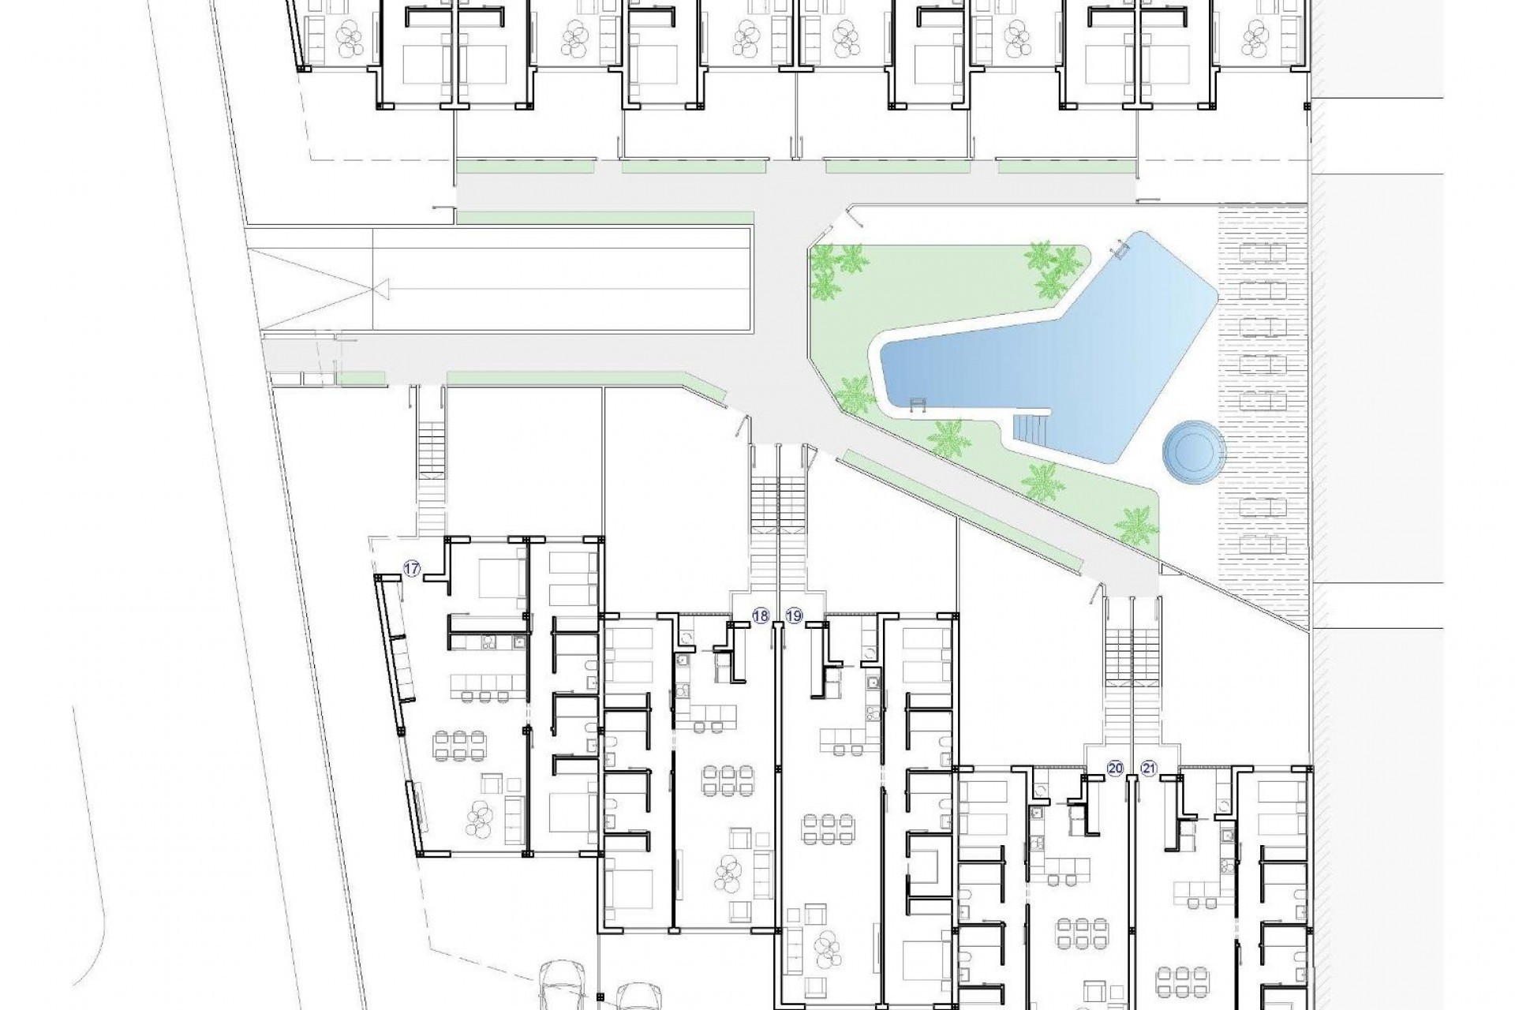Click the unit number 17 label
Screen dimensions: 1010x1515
pyautogui.click(x=411, y=567)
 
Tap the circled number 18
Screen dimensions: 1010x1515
pyautogui.click(x=761, y=616)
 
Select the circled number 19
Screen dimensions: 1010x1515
pyautogui.click(x=794, y=616)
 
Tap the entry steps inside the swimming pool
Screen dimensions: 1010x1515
pyautogui.click(x=1031, y=431)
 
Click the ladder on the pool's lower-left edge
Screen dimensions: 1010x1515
pyautogui.click(x=917, y=406)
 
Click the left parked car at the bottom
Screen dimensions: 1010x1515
pyautogui.click(x=563, y=986)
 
